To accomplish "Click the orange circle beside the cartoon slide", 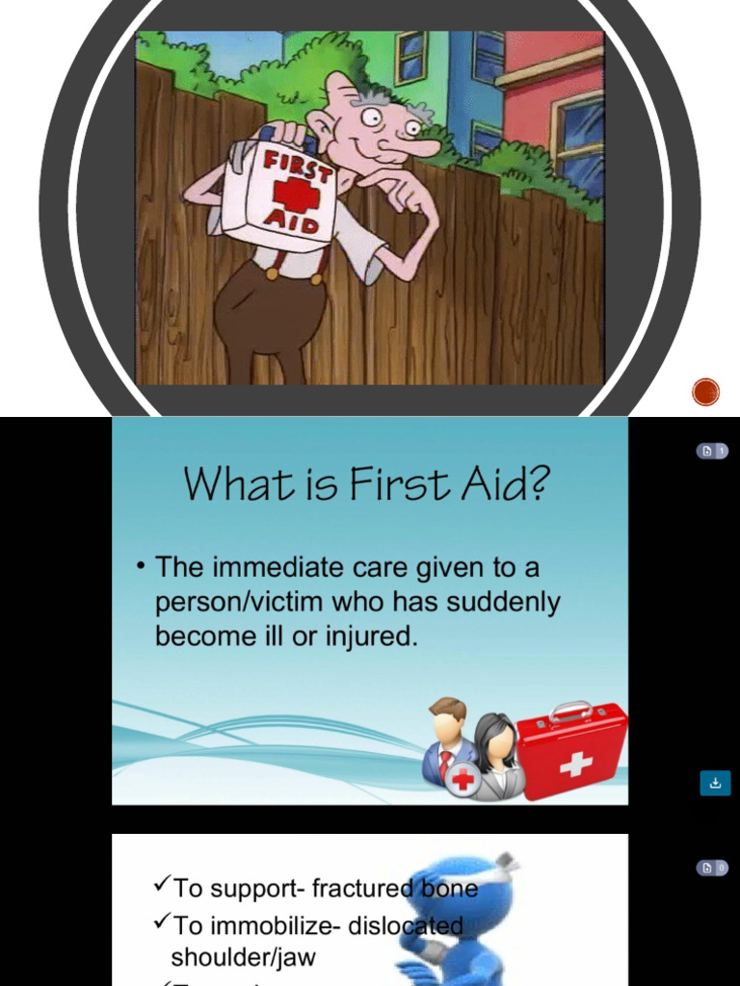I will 706,392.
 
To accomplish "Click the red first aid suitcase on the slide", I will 572,750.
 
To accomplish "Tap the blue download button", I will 715,783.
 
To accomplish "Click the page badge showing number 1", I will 712,451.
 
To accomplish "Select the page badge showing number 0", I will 712,868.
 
